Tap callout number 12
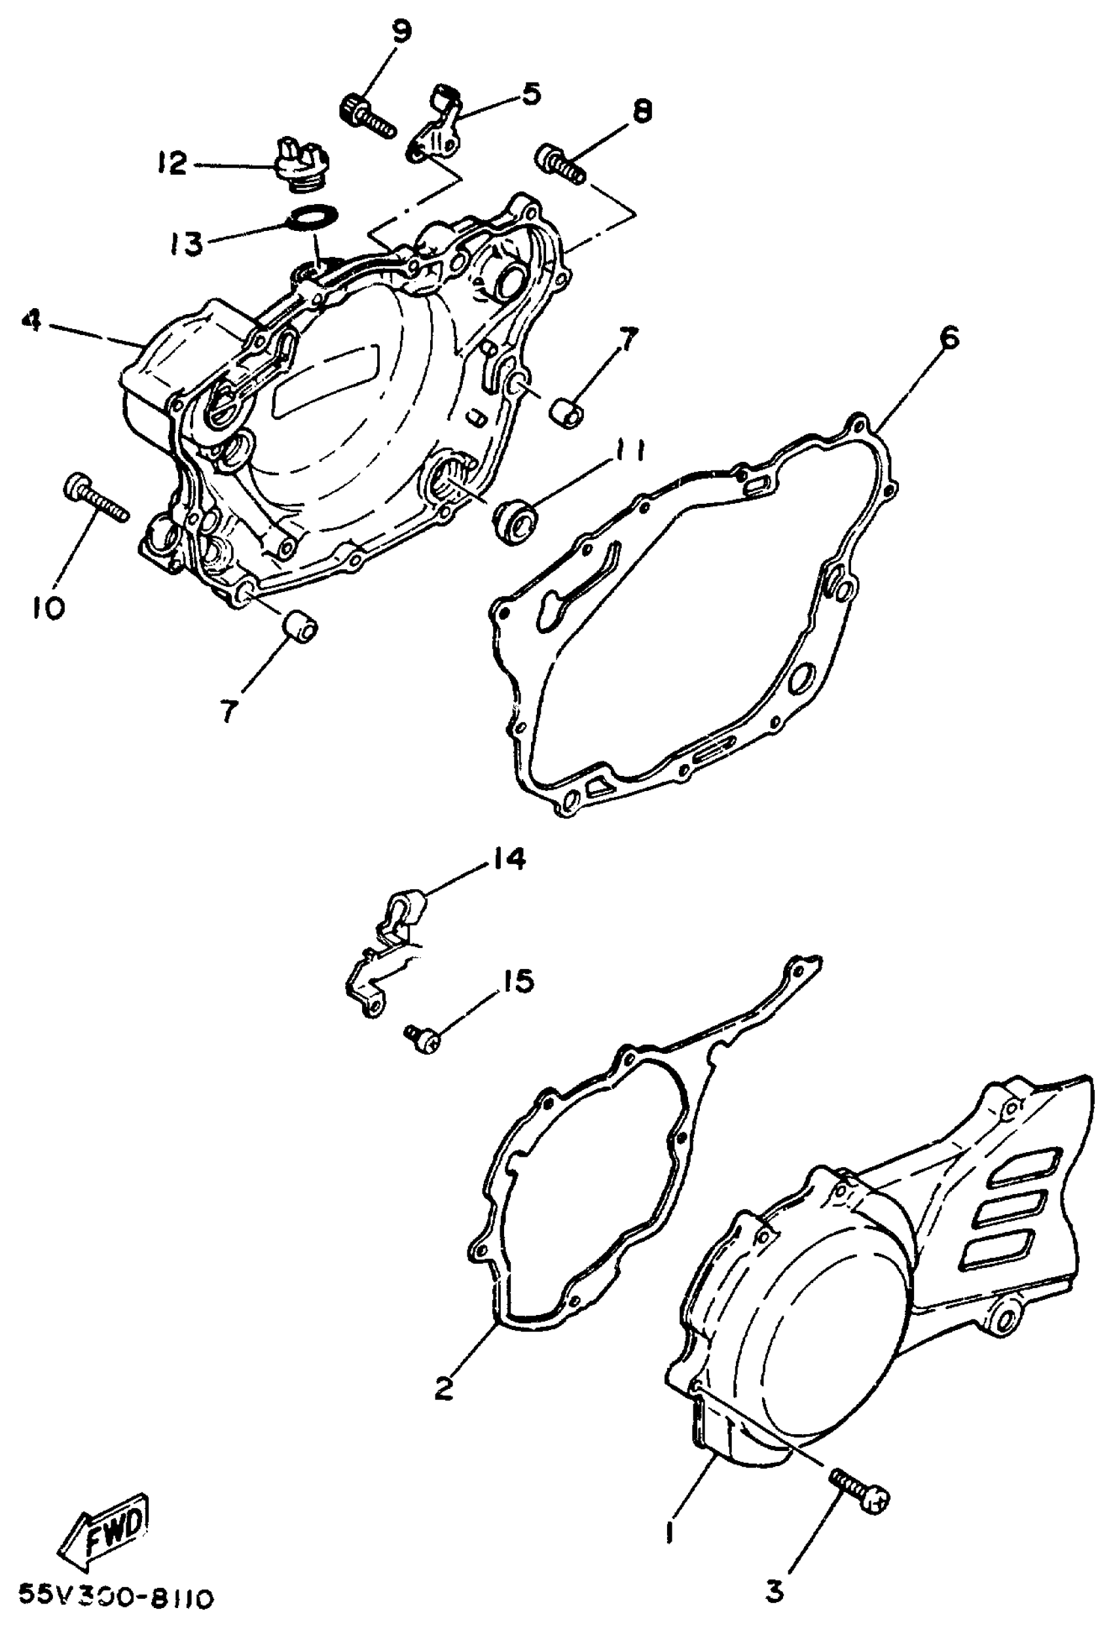tap(171, 164)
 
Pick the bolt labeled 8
tap(560, 163)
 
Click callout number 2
tap(443, 1388)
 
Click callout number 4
tap(29, 323)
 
